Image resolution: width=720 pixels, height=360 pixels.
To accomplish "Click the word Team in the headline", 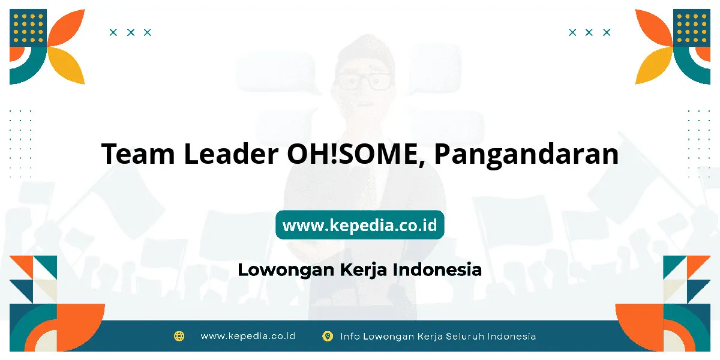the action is [x=138, y=154].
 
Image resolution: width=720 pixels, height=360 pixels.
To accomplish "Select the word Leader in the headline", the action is [x=231, y=153].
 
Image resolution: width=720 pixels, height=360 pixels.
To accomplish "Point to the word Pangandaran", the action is [x=526, y=155].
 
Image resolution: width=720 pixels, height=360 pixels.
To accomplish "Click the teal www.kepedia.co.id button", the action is [x=359, y=224].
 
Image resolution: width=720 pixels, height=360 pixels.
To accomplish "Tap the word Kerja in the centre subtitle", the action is [x=364, y=270].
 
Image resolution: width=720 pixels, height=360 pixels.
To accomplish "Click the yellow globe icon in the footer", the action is [x=179, y=336].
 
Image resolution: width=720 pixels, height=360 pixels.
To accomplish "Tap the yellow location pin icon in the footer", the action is [x=328, y=337].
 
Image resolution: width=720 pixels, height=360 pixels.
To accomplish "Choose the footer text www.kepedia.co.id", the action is [x=248, y=336].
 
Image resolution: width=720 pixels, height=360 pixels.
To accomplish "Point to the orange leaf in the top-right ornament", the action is [x=654, y=28].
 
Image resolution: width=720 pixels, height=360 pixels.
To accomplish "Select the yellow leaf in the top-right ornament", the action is [x=654, y=65].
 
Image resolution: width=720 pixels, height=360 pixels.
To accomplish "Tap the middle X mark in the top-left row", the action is [x=131, y=32].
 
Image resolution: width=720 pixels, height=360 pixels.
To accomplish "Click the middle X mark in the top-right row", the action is [x=589, y=32].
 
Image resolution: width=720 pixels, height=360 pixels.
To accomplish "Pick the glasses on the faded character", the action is [x=364, y=82].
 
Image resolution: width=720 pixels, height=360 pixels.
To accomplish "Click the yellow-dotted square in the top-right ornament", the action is [x=692, y=28].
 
